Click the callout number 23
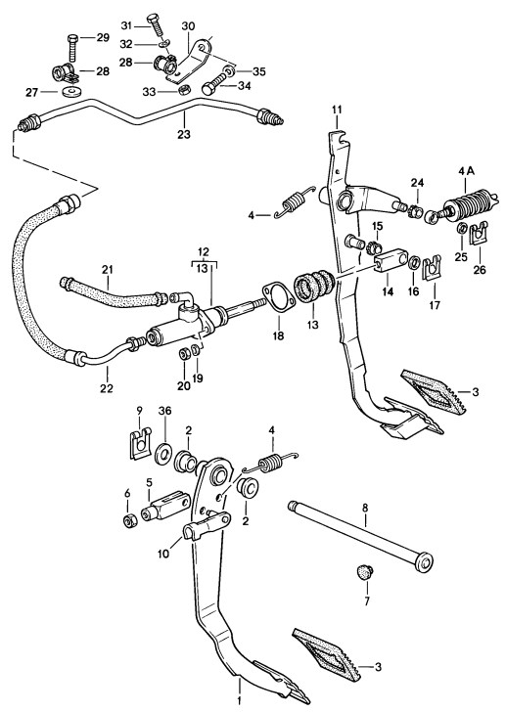click(184, 134)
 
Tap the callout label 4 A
click(466, 171)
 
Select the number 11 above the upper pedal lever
click(337, 110)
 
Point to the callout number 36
click(164, 411)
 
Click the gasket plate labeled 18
click(278, 297)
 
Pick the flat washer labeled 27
click(71, 93)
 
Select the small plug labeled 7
click(363, 570)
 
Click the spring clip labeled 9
click(140, 444)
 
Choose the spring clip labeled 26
click(479, 234)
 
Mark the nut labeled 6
click(130, 520)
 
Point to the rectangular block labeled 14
click(391, 260)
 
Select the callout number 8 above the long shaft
click(365, 508)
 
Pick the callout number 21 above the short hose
click(107, 270)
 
